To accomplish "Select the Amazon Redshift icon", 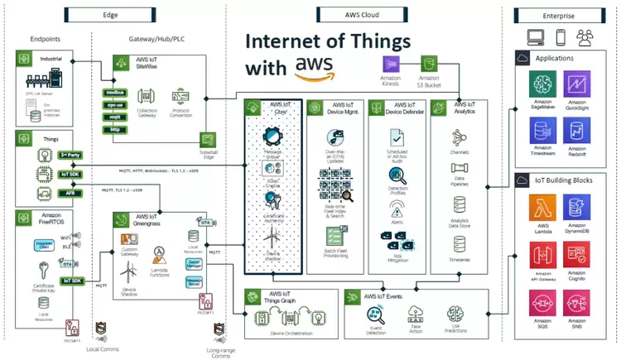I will coord(577,130).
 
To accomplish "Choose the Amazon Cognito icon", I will coord(577,255).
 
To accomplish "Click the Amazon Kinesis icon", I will coord(392,65).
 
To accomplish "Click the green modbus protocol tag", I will coord(115,96).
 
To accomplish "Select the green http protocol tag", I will coord(115,129).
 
